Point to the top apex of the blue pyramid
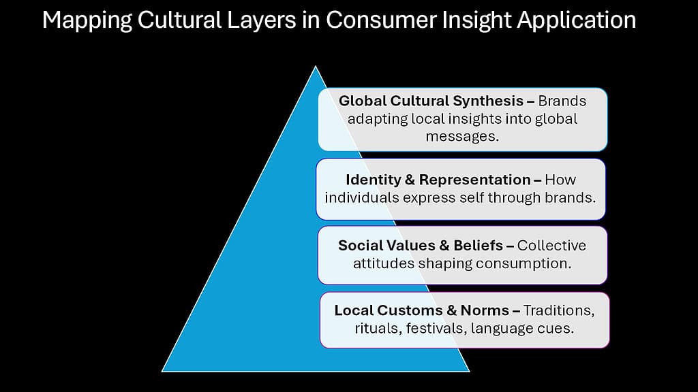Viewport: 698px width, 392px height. pos(315,67)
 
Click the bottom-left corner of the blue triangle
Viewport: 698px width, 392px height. pos(162,370)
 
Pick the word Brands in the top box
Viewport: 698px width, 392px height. pos(562,101)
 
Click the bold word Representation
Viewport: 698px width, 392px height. pos(474,180)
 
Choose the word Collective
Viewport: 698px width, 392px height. pos(551,246)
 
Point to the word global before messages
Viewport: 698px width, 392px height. pos(555,118)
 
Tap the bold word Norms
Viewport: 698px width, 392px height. pos(484,310)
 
